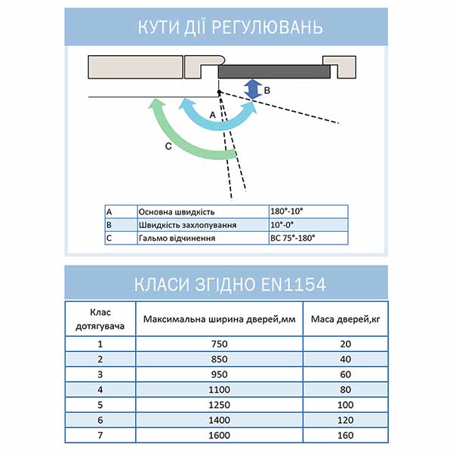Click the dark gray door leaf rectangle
pos(274,72)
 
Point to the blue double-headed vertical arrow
pos(254,89)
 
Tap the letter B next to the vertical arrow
pos(267,90)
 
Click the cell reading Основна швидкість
pos(174,212)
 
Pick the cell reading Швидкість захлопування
pos(188,225)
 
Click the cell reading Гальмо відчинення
pos(177,238)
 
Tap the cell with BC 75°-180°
pos(292,238)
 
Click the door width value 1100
pos(219,390)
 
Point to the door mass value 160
pos(345,436)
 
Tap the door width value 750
pos(219,344)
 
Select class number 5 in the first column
pos(100,405)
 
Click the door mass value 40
pos(345,359)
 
